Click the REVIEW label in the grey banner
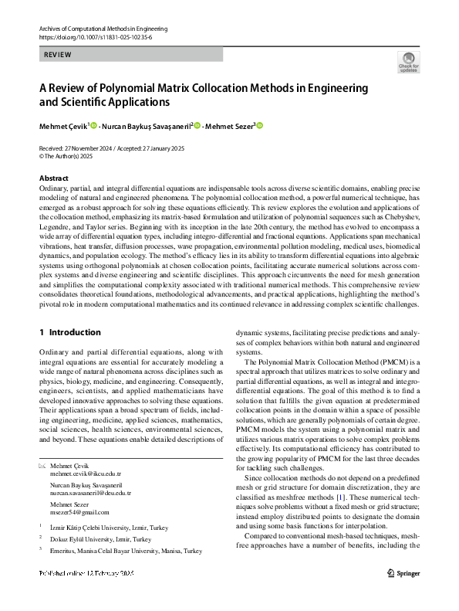(57, 55)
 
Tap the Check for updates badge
(408, 61)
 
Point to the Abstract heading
(53, 178)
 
